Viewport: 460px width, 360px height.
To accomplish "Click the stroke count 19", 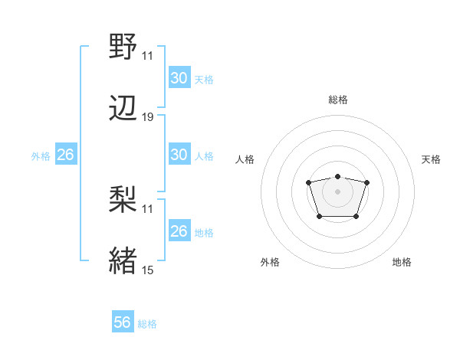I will pyautogui.click(x=148, y=117).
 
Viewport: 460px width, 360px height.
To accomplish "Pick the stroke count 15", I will pyautogui.click(x=148, y=270).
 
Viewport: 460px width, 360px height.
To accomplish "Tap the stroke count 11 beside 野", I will pyautogui.click(x=147, y=56).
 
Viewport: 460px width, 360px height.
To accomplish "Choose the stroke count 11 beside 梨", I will pyautogui.click(x=147, y=208).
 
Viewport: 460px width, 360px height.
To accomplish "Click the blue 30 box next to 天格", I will pyautogui.click(x=179, y=78).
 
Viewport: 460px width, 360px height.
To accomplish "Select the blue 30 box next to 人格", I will pyautogui.click(x=179, y=154).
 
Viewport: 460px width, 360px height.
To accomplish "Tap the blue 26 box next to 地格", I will pyautogui.click(x=179, y=231).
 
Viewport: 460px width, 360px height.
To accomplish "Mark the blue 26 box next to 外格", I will pyautogui.click(x=65, y=155).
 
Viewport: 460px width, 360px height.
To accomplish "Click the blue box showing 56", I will pyautogui.click(x=122, y=322).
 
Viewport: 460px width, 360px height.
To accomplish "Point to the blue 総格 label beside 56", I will pyautogui.click(x=147, y=324).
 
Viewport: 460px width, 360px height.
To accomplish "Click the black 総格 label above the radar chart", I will pyautogui.click(x=338, y=100).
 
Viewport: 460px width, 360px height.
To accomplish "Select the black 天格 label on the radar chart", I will pyautogui.click(x=431, y=159).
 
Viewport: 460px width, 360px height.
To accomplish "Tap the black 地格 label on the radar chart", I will pyautogui.click(x=402, y=262).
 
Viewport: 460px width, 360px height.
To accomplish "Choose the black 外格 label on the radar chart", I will pyautogui.click(x=270, y=262).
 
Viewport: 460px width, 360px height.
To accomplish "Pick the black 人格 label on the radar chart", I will pyautogui.click(x=245, y=159).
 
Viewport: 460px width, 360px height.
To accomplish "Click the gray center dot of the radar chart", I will pyautogui.click(x=337, y=190).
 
